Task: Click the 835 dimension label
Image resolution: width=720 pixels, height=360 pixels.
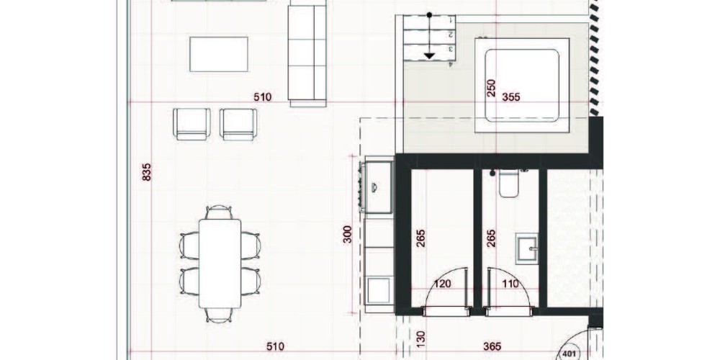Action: pyautogui.click(x=146, y=172)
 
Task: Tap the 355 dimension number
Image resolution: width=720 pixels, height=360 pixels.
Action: pyautogui.click(x=511, y=97)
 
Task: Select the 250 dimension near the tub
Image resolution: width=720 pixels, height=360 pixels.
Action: pyautogui.click(x=491, y=88)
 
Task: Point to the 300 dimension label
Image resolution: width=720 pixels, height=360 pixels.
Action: pyautogui.click(x=348, y=234)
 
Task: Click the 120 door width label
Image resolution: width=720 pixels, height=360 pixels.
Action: pyautogui.click(x=442, y=284)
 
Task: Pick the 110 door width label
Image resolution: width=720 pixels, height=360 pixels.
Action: pyautogui.click(x=510, y=284)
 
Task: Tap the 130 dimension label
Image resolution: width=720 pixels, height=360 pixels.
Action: pyautogui.click(x=421, y=338)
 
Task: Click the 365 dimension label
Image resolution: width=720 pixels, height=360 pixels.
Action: pyautogui.click(x=492, y=347)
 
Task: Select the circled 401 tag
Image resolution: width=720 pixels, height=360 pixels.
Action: pyautogui.click(x=569, y=354)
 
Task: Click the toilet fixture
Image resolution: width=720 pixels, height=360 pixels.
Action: pyautogui.click(x=509, y=183)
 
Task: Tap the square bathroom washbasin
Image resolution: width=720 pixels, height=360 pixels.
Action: pyautogui.click(x=527, y=249)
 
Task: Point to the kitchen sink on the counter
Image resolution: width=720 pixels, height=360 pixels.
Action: pyautogui.click(x=378, y=187)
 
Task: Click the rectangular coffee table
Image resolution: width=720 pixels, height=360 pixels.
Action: pyautogui.click(x=219, y=54)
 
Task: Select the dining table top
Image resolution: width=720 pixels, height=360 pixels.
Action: pyautogui.click(x=220, y=263)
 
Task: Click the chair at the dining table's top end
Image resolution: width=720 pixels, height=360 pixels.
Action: pyautogui.click(x=219, y=212)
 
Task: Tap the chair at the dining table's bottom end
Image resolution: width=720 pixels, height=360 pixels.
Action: pyautogui.click(x=219, y=315)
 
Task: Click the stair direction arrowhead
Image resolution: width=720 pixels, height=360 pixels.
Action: pyautogui.click(x=429, y=56)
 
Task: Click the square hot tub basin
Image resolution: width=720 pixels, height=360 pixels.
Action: pyautogui.click(x=522, y=86)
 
